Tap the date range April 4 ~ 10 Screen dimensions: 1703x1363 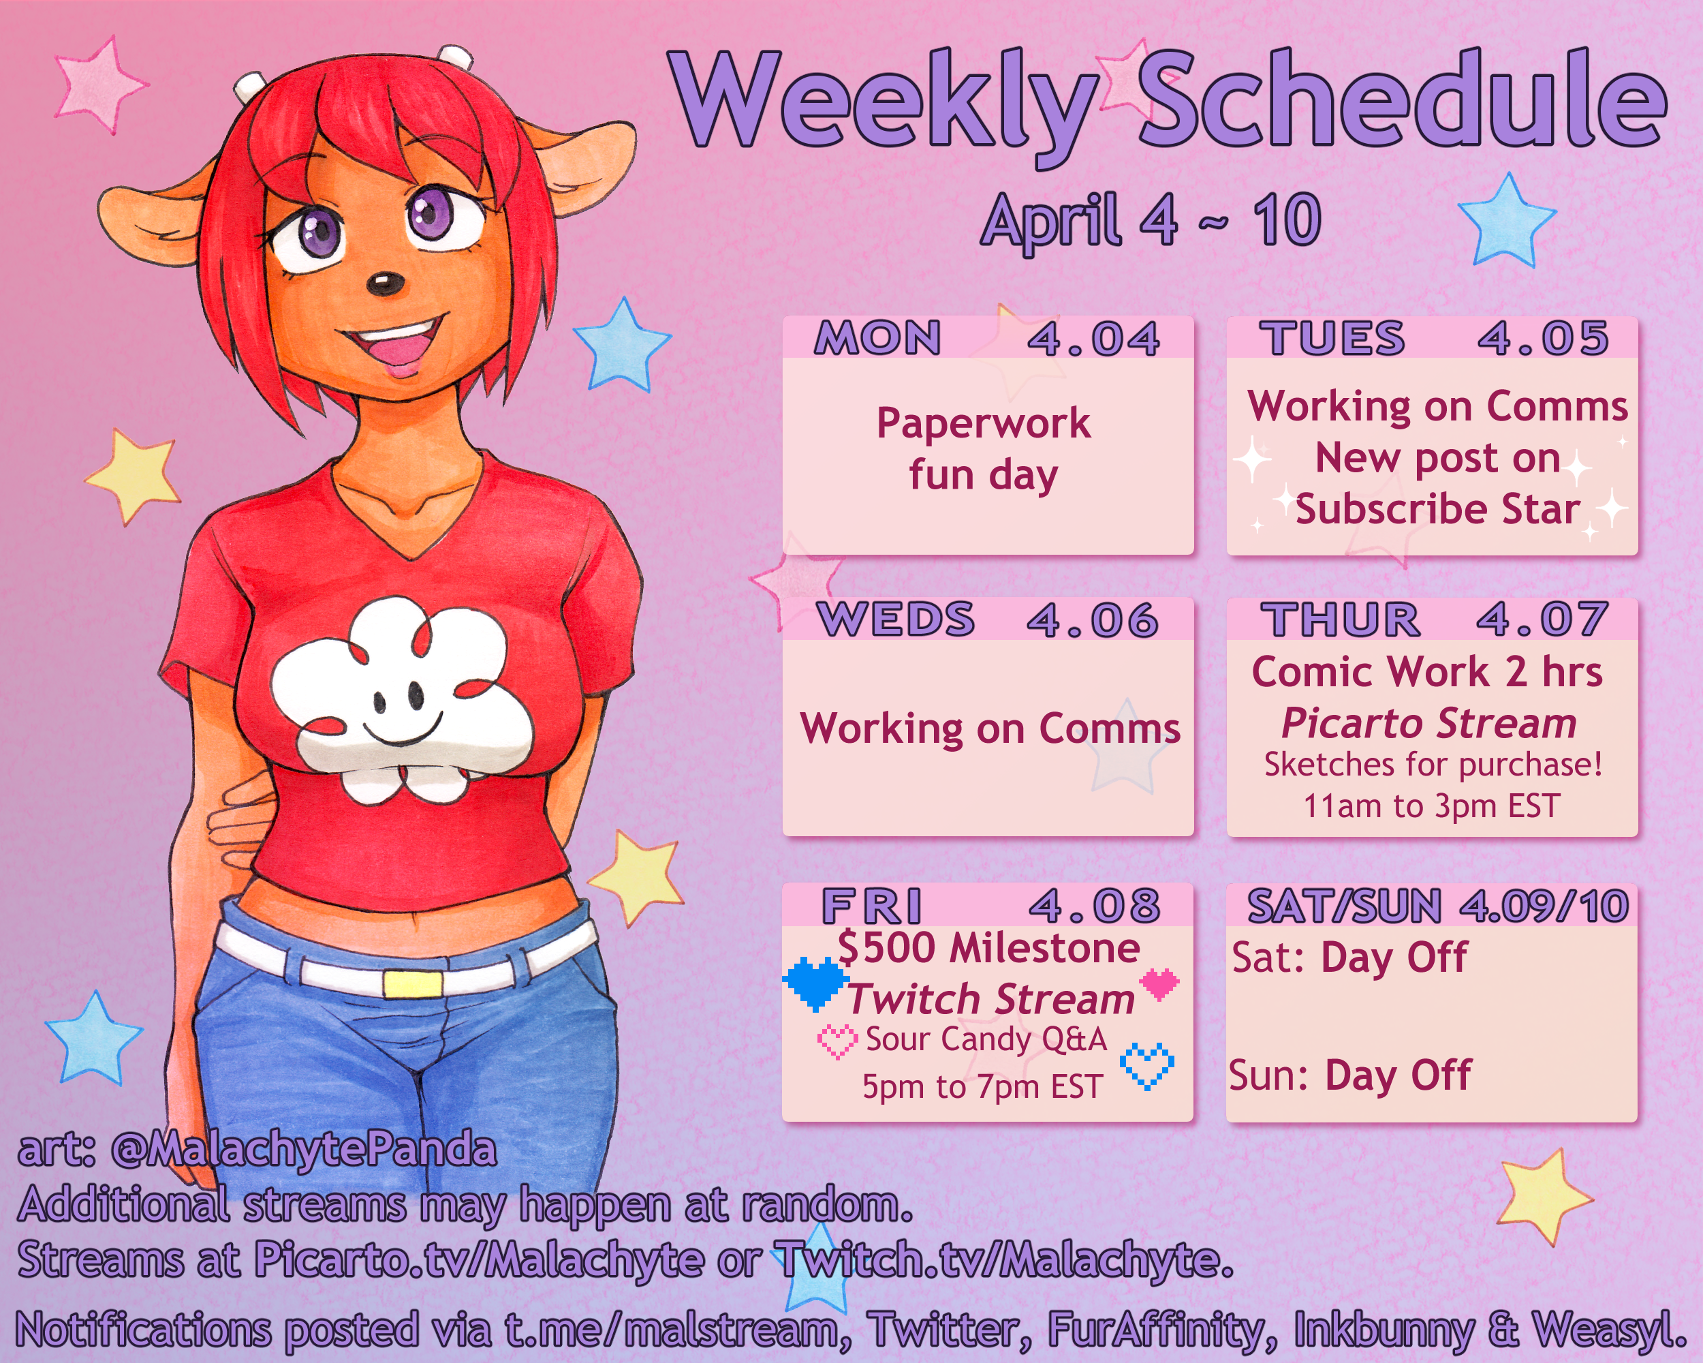[1151, 221]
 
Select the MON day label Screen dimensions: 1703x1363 [877, 338]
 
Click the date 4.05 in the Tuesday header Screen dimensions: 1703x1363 [1543, 338]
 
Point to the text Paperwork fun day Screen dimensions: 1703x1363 [984, 450]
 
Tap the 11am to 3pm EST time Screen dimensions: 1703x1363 [1431, 806]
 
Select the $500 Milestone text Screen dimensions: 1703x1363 [989, 947]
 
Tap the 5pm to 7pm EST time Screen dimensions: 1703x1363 [982, 1087]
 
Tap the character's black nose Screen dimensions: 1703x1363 [386, 283]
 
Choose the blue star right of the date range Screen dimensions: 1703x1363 [1506, 219]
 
